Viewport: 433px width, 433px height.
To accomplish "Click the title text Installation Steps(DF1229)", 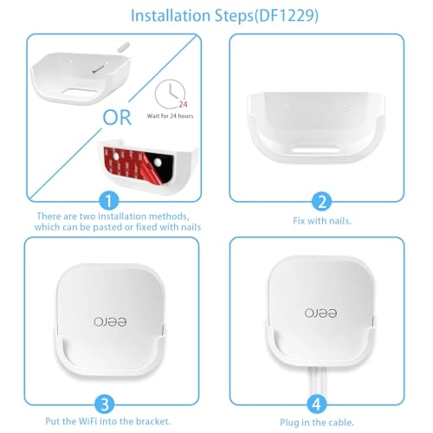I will [x=216, y=16].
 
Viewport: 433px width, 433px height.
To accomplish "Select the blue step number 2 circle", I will [x=322, y=200].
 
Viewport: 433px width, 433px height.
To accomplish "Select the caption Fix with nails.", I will [x=322, y=220].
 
